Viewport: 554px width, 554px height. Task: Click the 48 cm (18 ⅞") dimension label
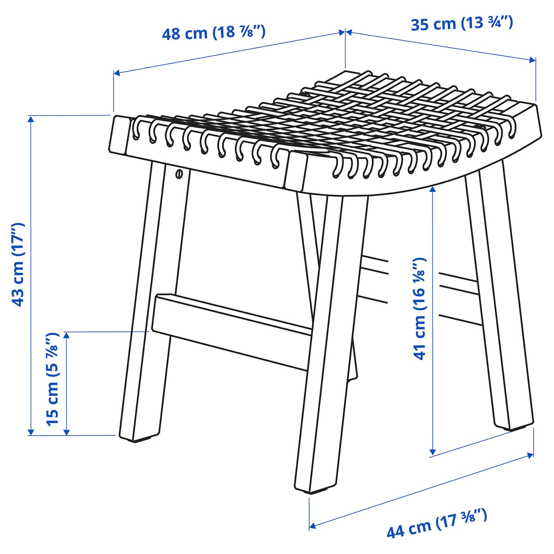pos(213,33)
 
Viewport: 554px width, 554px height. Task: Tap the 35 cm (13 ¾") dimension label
pos(461,23)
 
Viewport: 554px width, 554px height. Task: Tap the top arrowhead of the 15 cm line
pos(67,335)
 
